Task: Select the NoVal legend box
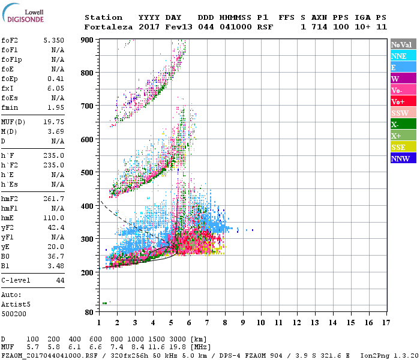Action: (403, 44)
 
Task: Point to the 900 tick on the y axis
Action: (88, 40)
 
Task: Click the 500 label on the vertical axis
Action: (88, 173)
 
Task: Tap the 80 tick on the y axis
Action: (89, 312)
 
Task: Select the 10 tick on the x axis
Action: (261, 323)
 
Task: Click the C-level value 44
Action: (60, 280)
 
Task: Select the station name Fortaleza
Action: (109, 27)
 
